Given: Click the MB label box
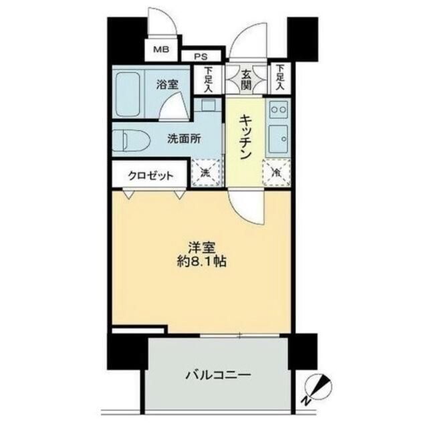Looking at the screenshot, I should point(161,49).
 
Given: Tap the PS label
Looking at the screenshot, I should point(201,58).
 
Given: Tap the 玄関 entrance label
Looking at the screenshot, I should point(247,80).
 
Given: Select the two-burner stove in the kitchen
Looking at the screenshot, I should point(278,108).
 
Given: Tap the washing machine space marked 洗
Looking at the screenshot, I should point(205,173).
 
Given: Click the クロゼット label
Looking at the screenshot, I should point(152,176).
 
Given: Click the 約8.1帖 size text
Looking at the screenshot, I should point(199,262).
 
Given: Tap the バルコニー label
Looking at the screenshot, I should point(217,375).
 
